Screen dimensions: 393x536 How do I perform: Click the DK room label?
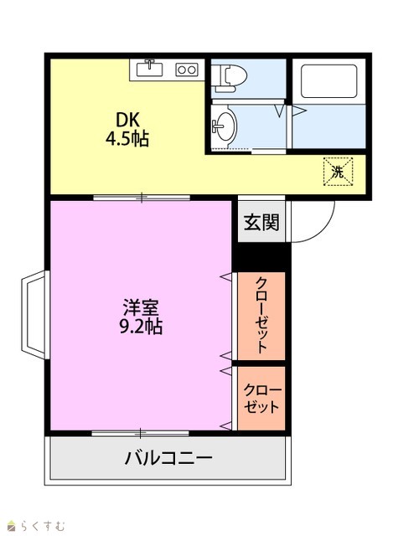coord(127,120)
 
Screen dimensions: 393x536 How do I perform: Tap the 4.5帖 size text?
coord(127,139)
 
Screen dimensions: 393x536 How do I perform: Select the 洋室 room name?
coord(141,307)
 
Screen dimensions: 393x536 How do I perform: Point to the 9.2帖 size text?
coord(141,326)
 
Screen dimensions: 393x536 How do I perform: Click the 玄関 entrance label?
coord(261,222)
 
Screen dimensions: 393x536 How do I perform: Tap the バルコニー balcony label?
coord(168,457)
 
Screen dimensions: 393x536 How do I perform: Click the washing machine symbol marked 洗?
coord(338,171)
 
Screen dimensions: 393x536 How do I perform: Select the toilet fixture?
coord(229,79)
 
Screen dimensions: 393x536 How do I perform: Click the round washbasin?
coord(225,126)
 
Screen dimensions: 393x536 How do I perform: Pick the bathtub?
coord(328,81)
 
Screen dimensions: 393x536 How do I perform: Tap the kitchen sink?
coord(149,69)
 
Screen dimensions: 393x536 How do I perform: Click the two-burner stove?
coord(187,70)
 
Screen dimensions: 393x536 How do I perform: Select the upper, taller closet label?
coord(261,315)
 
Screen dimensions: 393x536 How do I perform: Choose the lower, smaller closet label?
coord(262,399)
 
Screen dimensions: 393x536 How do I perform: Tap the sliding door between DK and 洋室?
coord(142,198)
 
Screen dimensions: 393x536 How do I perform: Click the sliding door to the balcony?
coord(140,434)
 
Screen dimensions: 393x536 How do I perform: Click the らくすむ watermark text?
coord(42,525)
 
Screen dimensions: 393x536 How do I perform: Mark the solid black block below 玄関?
coord(261,257)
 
